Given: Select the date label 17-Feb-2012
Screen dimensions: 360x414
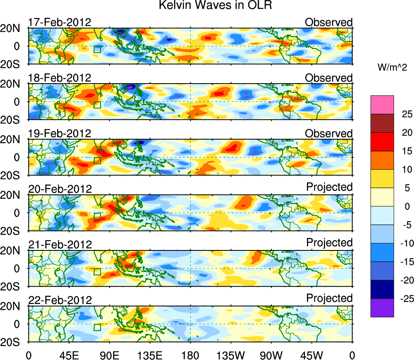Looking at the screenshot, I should point(60,22).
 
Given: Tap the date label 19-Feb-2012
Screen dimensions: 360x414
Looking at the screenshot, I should point(60,134).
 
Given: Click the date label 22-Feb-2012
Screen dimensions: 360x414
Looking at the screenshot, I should point(60,300).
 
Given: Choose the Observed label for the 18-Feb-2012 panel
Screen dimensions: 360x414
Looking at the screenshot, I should point(329,78).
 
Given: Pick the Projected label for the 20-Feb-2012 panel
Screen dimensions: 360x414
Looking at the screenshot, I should point(329,187).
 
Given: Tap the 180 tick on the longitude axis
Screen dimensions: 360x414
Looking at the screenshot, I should point(191,356).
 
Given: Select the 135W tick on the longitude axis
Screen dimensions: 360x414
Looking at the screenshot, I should point(230,356).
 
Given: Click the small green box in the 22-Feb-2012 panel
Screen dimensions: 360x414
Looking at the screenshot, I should point(97,327).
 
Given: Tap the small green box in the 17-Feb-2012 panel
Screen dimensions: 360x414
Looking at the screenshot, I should point(97,50).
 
